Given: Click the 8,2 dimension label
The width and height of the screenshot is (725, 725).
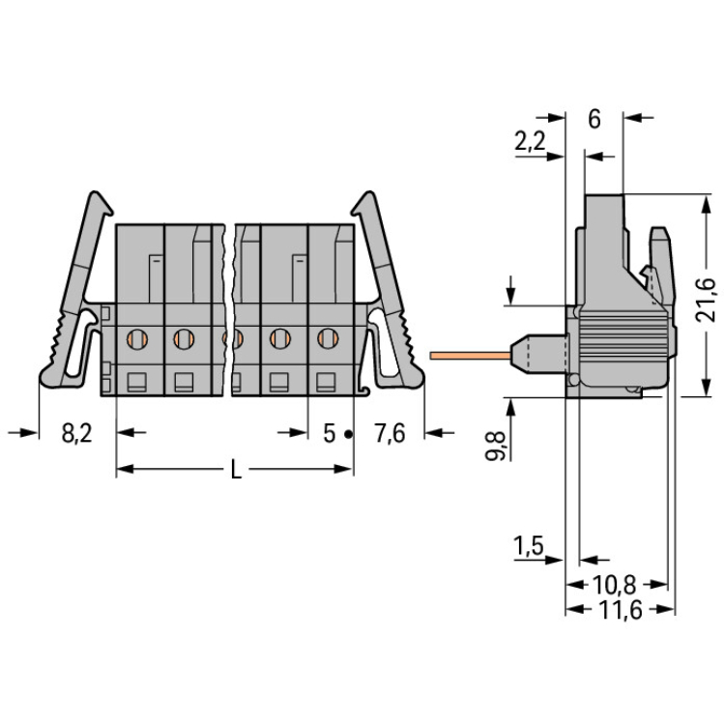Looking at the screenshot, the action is tap(76, 434).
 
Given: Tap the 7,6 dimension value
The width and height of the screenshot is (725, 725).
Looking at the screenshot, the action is tap(390, 434).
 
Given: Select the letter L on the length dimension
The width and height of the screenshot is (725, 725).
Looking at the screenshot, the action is tap(236, 470).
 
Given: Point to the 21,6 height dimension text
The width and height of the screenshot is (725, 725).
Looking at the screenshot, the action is tap(707, 300).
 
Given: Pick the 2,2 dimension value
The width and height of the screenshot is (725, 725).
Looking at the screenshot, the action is tap(531, 141).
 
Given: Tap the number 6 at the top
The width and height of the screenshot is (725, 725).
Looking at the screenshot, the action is tap(594, 119).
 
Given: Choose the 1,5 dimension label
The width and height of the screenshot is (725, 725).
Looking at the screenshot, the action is tap(529, 546).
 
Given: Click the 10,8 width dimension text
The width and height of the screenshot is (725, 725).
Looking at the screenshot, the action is tap(615, 585).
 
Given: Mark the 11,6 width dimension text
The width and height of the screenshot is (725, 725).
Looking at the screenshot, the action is tap(621, 610).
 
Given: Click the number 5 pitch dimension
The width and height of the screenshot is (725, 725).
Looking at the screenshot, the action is tap(330, 434).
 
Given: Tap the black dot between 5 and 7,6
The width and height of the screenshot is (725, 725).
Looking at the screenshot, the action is tap(349, 435).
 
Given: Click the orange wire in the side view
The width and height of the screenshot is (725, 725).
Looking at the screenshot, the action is tap(470, 356).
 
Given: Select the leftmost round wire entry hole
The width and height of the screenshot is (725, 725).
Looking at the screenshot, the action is tap(137, 338).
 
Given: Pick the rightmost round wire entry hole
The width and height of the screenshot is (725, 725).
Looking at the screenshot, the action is tap(328, 338).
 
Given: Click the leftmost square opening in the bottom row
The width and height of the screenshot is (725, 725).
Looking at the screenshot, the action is tap(137, 383).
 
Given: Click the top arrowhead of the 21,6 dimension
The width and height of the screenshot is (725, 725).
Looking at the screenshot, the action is tap(706, 204).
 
